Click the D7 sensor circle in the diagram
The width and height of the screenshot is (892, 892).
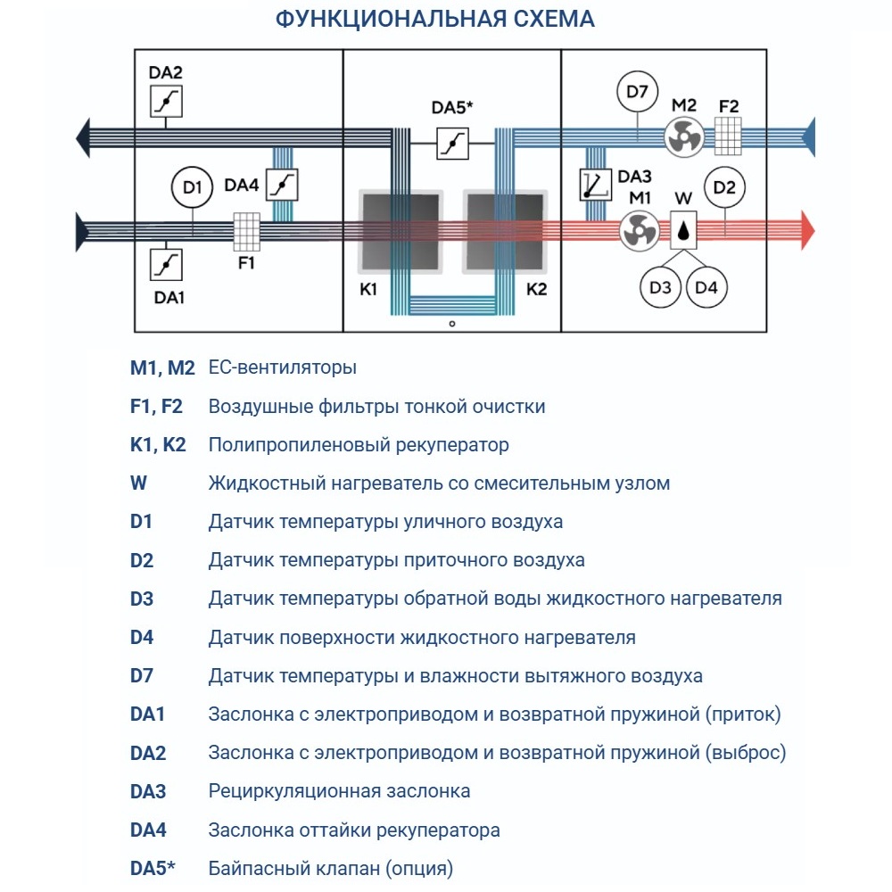tap(637, 91)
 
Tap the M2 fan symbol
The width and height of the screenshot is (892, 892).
tap(684, 136)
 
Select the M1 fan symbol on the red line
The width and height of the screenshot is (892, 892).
tap(639, 229)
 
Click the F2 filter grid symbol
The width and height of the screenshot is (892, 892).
tap(729, 133)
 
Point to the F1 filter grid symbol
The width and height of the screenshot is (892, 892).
tap(246, 231)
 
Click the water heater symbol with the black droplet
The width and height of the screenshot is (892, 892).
tap(683, 229)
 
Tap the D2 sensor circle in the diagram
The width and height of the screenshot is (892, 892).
tap(725, 187)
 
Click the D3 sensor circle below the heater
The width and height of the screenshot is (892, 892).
tap(660, 287)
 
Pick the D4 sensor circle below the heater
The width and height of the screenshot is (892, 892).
tap(706, 287)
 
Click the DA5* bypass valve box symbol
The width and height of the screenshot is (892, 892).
tap(452, 144)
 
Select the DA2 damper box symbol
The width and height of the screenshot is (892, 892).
tap(166, 102)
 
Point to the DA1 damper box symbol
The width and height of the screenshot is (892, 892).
tap(166, 264)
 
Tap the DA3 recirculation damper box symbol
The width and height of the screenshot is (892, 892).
tap(595, 183)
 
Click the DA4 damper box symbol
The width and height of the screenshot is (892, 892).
tap(282, 185)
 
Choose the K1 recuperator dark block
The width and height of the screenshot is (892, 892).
tap(399, 231)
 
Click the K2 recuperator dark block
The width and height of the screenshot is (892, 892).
tap(502, 231)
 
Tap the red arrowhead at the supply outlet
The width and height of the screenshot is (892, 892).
tap(806, 229)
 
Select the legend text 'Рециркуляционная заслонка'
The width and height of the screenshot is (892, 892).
tap(339, 791)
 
